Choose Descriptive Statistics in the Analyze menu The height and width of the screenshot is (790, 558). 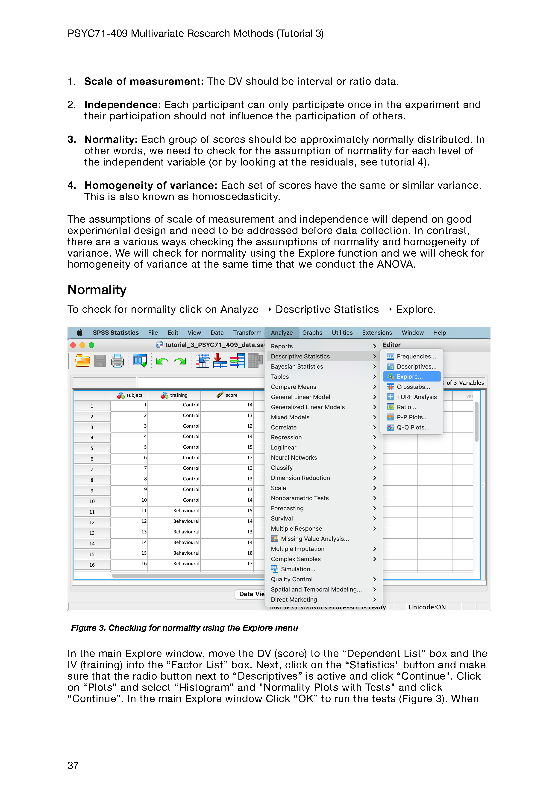click(300, 356)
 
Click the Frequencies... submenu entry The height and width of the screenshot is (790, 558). click(416, 356)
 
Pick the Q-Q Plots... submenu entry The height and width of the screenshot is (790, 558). click(413, 427)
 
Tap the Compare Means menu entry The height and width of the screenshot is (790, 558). click(293, 387)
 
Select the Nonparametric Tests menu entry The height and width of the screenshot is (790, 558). click(300, 498)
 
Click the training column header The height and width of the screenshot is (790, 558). click(179, 395)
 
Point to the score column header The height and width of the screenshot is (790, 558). click(231, 395)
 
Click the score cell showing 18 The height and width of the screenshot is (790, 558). click(250, 553)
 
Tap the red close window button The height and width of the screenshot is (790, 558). click(73, 345)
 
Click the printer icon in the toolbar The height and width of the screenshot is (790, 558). click(117, 361)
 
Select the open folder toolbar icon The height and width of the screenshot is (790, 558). click(82, 361)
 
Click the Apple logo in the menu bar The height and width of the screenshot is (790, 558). click(80, 332)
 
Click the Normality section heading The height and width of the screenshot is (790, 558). click(97, 290)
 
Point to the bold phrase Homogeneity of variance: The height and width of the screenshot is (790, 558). click(151, 186)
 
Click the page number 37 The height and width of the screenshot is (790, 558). click(73, 765)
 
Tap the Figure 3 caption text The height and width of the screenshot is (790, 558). click(184, 628)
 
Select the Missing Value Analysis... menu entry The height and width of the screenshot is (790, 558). click(314, 539)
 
